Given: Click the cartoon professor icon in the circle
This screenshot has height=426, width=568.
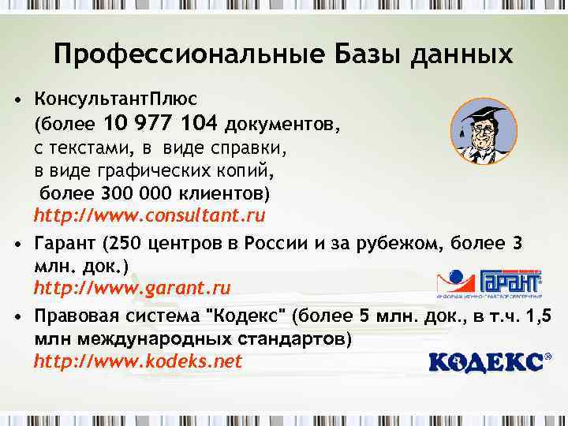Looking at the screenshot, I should pos(484,131).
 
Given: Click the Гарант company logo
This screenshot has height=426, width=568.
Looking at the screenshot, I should pos(489,284).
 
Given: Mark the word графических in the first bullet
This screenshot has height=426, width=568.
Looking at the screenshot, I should pos(143,170).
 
